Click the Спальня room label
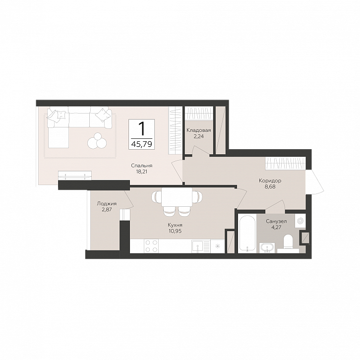[142, 166]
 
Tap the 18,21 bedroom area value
[142, 171]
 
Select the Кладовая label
[199, 130]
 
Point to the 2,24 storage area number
[199, 136]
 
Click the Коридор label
[270, 181]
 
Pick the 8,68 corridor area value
[270, 186]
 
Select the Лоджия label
[107, 204]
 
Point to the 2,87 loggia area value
[107, 209]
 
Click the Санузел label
[276, 222]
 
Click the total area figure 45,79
[142, 144]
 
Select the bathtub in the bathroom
[247, 234]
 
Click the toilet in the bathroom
[288, 242]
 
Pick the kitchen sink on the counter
[198, 246]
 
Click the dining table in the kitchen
[177, 197]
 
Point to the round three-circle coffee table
[97, 141]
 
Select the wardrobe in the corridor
[286, 164]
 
